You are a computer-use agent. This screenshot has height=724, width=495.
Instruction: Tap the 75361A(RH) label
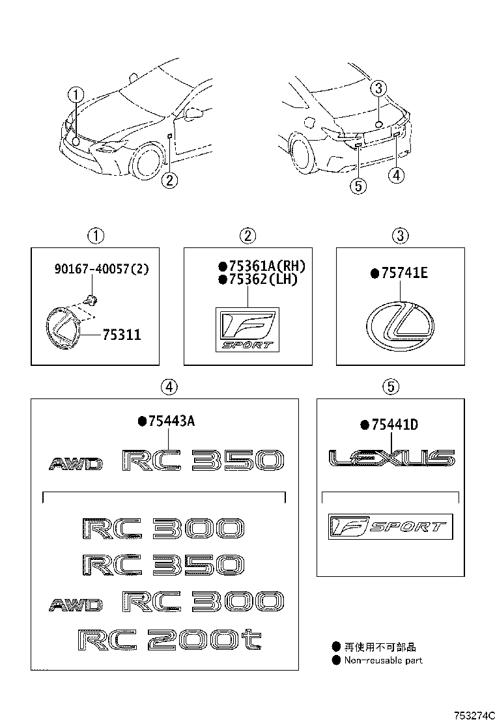pyautogui.click(x=266, y=266)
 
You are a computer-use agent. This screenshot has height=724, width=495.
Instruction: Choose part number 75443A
pyautogui.click(x=171, y=421)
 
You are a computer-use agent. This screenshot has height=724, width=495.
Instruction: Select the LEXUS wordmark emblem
pyautogui.click(x=391, y=458)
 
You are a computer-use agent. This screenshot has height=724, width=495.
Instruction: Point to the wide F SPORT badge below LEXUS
pyautogui.click(x=389, y=526)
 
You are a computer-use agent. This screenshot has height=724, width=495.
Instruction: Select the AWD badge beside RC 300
pyautogui.click(x=76, y=605)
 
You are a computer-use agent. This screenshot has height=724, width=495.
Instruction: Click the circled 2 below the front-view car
pyautogui.click(x=169, y=180)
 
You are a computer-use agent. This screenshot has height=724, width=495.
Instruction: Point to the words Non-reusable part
pyautogui.click(x=383, y=660)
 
